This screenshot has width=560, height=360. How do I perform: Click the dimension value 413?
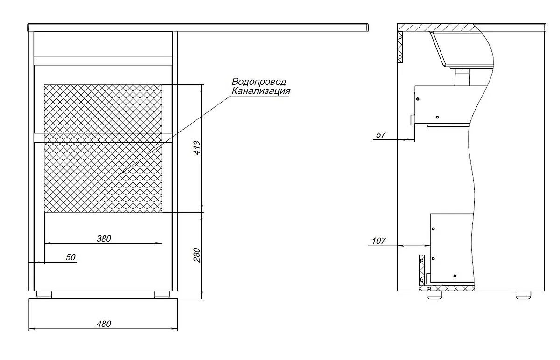(x=197, y=148)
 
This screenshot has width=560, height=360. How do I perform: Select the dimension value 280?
(x=197, y=255)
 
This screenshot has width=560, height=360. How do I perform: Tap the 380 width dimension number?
(x=104, y=239)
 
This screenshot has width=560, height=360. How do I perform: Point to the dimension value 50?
(x=70, y=257)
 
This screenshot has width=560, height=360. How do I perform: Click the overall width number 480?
(x=104, y=324)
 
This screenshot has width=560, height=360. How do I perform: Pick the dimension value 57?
(x=381, y=135)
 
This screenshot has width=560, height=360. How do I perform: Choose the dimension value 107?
(x=379, y=241)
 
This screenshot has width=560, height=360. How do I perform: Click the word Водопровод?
(x=259, y=82)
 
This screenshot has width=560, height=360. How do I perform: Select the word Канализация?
(x=261, y=90)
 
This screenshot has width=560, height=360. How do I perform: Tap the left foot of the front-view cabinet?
(x=44, y=295)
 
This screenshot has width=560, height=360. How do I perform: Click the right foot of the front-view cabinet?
(x=162, y=295)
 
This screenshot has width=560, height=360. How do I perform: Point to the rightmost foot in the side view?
(x=524, y=295)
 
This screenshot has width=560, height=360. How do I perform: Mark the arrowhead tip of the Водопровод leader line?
(x=120, y=174)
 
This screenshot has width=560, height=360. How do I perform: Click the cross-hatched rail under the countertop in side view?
(x=400, y=47)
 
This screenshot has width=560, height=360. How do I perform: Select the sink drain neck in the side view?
(x=462, y=77)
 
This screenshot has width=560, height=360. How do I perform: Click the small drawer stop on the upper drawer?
(x=412, y=120)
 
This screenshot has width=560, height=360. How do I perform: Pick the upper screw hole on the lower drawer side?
(x=433, y=229)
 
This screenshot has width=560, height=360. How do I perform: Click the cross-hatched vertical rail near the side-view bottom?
(x=422, y=270)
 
